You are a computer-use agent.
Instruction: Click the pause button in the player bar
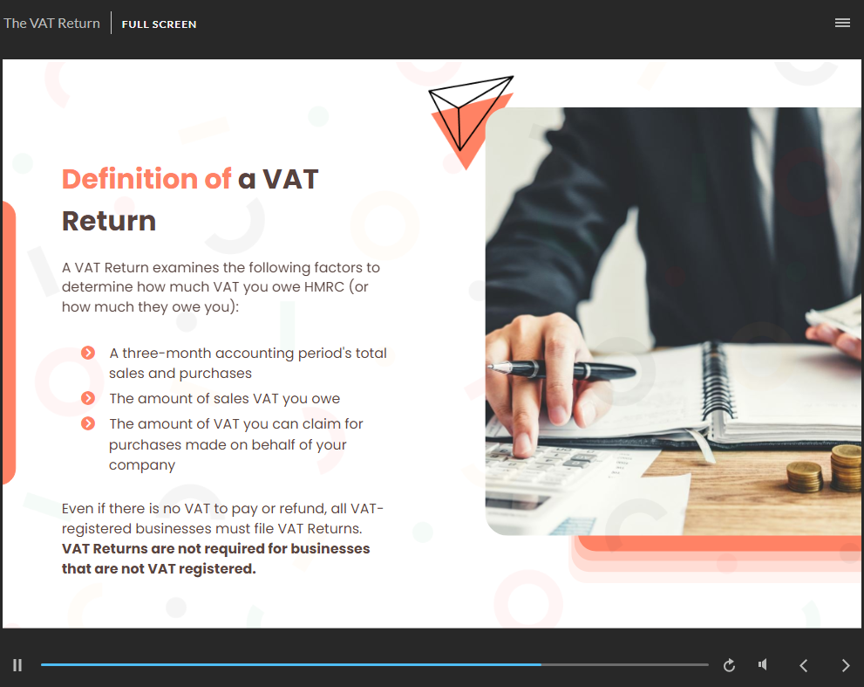pos(17,665)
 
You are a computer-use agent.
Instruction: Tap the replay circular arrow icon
pos(729,665)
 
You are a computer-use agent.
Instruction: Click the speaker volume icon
pos(763,664)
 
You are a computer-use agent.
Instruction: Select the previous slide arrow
pos(803,665)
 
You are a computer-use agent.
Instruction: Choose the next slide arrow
pos(846,665)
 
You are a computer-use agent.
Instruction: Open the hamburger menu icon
pos(842,23)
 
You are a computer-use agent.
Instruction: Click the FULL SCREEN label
pos(159,24)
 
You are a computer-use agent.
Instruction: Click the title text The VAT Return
pos(51,24)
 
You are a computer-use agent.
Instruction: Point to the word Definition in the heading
pos(130,179)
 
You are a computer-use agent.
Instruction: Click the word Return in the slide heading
pos(109,221)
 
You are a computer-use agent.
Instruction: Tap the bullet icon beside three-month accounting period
pos(88,353)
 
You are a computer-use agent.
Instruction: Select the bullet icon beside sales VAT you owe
pos(88,398)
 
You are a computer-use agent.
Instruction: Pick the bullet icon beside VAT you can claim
pos(88,423)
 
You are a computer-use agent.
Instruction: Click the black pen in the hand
pos(562,370)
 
